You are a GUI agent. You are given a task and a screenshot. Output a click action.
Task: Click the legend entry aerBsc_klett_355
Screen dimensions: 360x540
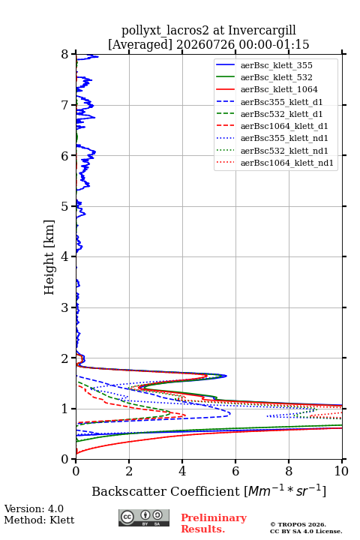(276, 65)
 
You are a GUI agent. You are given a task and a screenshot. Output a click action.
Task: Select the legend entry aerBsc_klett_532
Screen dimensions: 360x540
(276, 77)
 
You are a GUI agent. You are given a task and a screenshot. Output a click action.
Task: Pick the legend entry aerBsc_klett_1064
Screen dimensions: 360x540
(279, 89)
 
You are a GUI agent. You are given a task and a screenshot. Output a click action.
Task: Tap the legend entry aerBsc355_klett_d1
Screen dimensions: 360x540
(281, 102)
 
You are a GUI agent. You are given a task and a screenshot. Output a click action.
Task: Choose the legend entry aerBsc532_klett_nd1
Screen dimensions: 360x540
(284, 151)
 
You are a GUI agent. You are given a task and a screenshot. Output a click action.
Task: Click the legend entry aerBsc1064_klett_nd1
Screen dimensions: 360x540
(287, 163)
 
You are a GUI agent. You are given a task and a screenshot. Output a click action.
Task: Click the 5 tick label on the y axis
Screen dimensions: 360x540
(65, 206)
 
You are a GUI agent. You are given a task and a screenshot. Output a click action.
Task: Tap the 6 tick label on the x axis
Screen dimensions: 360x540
(235, 471)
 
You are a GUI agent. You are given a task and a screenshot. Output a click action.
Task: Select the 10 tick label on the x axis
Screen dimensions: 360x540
(341, 471)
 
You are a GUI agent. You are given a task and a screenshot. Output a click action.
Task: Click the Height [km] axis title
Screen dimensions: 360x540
(49, 257)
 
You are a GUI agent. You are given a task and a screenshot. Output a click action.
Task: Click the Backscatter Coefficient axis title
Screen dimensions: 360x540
(208, 491)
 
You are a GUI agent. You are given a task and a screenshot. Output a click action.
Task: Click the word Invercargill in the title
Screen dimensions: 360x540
(262, 31)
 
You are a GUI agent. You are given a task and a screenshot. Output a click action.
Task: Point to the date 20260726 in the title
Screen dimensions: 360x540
(205, 44)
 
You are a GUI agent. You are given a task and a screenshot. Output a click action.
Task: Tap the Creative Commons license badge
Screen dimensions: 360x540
(144, 517)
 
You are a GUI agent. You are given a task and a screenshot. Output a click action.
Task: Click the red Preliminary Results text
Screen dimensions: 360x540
(214, 523)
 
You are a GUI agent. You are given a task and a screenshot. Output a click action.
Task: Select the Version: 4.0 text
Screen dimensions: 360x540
(34, 508)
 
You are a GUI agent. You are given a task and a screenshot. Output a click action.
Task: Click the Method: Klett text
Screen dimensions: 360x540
(39, 520)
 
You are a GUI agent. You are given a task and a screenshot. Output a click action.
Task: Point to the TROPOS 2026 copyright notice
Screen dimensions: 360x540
(298, 524)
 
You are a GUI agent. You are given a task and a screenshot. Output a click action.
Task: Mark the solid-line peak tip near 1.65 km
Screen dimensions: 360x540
(226, 376)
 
